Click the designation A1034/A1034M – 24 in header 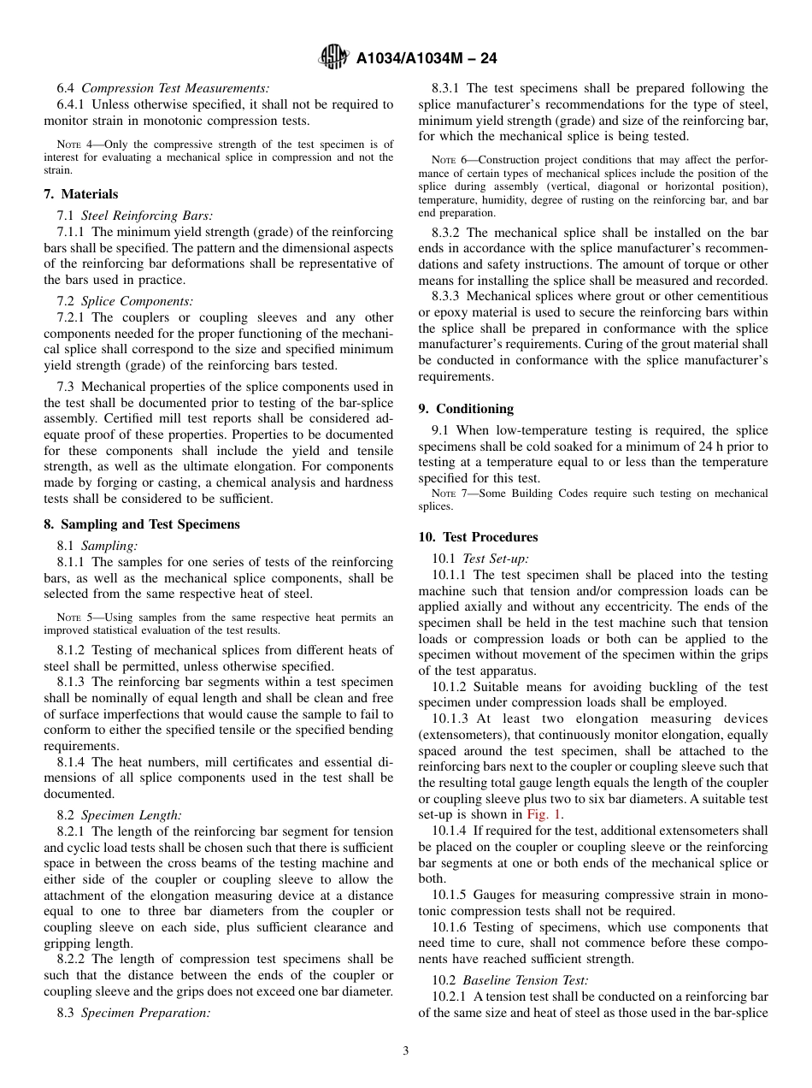pos(426,58)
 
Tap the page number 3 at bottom pos(406,1051)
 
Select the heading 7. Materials pos(81,194)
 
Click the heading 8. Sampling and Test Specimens pos(142,524)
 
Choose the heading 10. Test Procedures pos(478,537)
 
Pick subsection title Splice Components pos(137,301)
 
